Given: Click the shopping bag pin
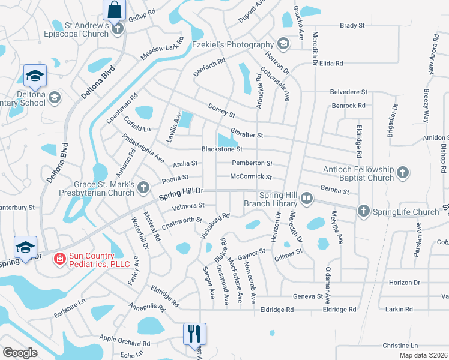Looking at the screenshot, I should tap(114, 10).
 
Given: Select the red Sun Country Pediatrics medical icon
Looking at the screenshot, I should tap(59, 259).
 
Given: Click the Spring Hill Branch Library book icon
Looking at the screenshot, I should tap(307, 198).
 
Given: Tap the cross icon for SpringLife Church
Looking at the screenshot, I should tap(363, 211).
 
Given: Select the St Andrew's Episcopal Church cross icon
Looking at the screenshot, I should tap(118, 28).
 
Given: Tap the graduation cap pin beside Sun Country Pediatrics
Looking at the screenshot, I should tap(25, 248).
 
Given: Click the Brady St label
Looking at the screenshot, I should tap(352, 26).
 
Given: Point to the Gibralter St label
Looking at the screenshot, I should tap(247, 136).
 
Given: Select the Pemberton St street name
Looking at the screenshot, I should tap(252, 163).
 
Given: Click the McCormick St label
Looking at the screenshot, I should tap(252, 177).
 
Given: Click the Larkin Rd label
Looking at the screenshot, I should tap(400, 309).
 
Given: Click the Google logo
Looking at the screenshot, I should tap(20, 353).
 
